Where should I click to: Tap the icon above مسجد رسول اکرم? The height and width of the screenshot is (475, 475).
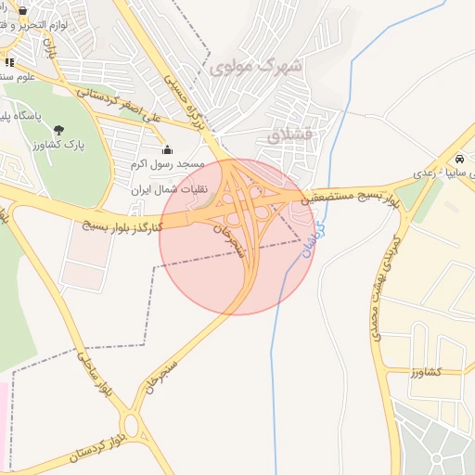167,149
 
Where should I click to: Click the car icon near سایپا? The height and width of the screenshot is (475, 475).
460,158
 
